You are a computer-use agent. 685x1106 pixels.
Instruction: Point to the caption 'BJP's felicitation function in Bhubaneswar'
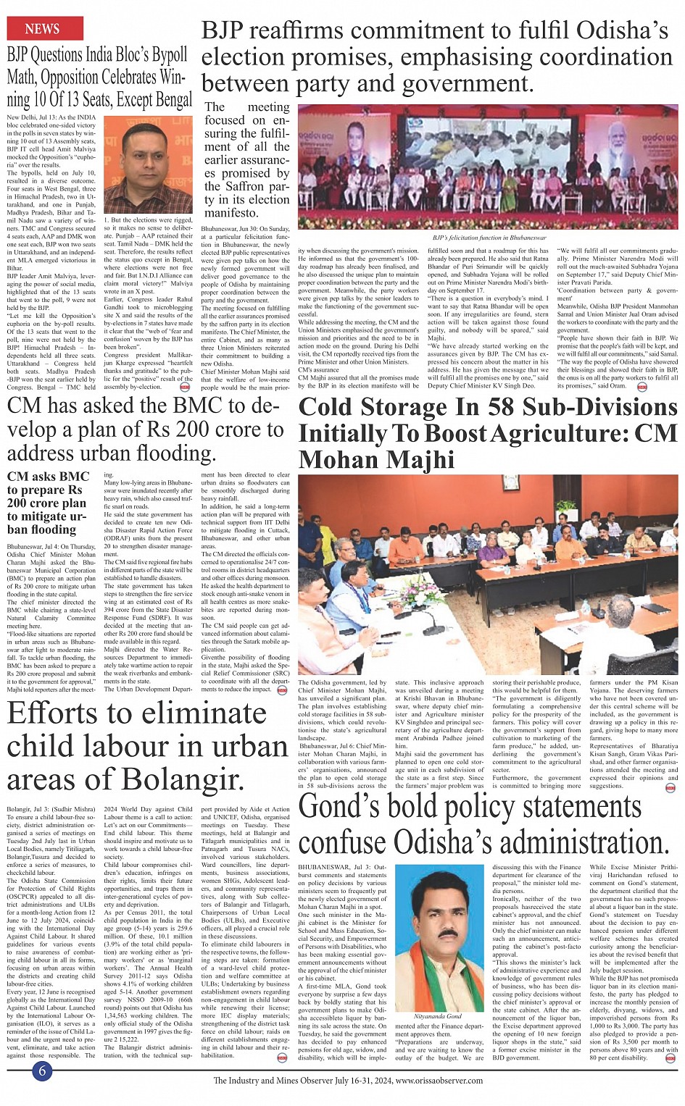tap(489, 237)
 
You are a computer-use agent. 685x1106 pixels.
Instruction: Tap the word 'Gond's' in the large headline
tap(340, 806)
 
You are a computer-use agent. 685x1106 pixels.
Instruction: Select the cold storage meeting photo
tap(488, 574)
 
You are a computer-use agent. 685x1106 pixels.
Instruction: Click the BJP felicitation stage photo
tap(488, 167)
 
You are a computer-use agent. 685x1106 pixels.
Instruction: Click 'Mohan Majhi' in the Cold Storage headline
tap(376, 459)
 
